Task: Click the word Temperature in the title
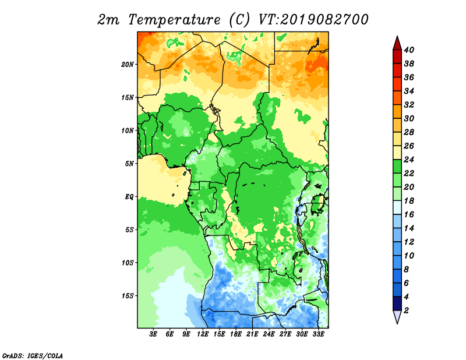pyautogui.click(x=174, y=20)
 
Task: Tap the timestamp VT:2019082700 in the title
pyautogui.click(x=313, y=20)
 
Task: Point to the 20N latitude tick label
pyautogui.click(x=127, y=65)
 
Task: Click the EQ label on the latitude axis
pyautogui.click(x=129, y=197)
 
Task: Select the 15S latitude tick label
pyautogui.click(x=127, y=296)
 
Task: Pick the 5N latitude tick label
pyautogui.click(x=129, y=164)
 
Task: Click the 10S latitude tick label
pyautogui.click(x=127, y=263)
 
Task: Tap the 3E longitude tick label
pyautogui.click(x=153, y=334)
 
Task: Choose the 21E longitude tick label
pyautogui.click(x=252, y=334)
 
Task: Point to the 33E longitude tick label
pyautogui.click(x=318, y=334)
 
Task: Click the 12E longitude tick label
pyautogui.click(x=202, y=334)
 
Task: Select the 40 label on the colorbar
pyautogui.click(x=409, y=50)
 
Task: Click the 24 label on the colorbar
pyautogui.click(x=409, y=160)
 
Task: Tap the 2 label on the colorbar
pyautogui.click(x=406, y=310)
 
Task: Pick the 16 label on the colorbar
pyautogui.click(x=409, y=214)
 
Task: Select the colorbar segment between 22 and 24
pyautogui.click(x=397, y=167)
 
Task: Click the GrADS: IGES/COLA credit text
pyautogui.click(x=33, y=356)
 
